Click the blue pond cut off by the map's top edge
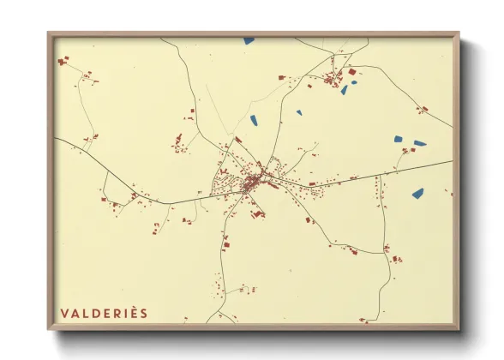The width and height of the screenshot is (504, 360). (x=249, y=40)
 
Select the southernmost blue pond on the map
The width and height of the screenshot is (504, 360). (x=417, y=194)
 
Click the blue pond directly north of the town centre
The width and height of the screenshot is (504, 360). (x=255, y=120)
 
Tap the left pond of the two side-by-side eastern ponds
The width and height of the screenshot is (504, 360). (x=398, y=139)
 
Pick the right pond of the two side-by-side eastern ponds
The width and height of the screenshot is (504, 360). (x=419, y=143)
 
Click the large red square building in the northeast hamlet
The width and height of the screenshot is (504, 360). (x=351, y=72)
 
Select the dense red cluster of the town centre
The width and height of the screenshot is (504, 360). (x=251, y=183)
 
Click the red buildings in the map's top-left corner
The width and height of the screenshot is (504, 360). (x=63, y=61)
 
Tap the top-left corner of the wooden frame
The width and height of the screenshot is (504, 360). (x=49, y=34)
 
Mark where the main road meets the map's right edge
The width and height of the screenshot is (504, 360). (x=451, y=161)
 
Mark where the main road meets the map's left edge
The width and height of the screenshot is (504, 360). (x=55, y=138)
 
